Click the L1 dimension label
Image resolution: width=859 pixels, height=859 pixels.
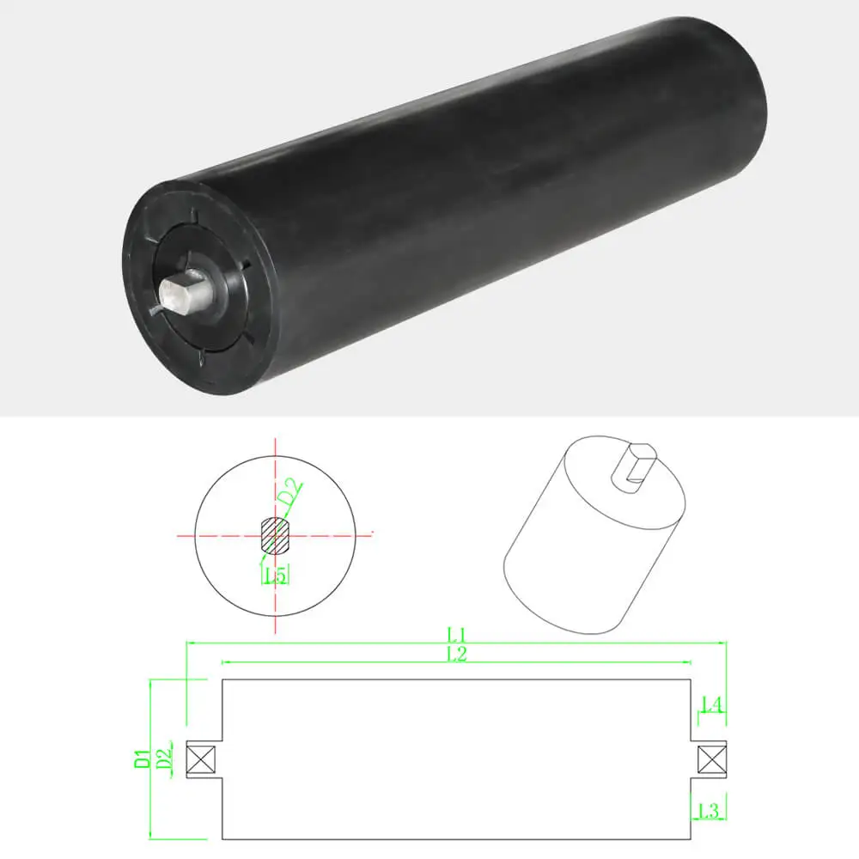(456, 635)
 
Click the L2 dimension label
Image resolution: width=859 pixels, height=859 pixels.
(456, 655)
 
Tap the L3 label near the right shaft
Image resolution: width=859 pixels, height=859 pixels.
(710, 810)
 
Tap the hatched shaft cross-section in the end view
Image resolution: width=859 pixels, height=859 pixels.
(275, 535)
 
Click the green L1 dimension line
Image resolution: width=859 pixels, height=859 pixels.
(344, 643)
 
